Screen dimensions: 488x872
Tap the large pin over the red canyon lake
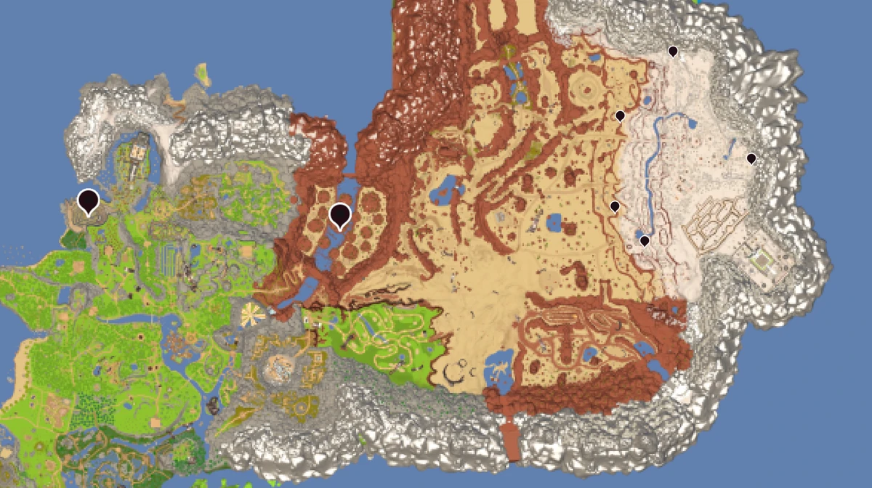coord(339,215)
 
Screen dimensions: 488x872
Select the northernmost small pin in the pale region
coord(673,52)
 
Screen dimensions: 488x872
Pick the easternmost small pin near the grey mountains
coord(751,158)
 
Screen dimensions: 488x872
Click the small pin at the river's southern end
coord(645,240)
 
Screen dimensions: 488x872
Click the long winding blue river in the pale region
coord(656,145)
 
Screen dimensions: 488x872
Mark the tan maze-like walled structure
coord(716,222)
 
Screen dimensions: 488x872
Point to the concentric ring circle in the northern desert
coord(588,91)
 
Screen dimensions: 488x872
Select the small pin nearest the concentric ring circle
coord(620,116)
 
